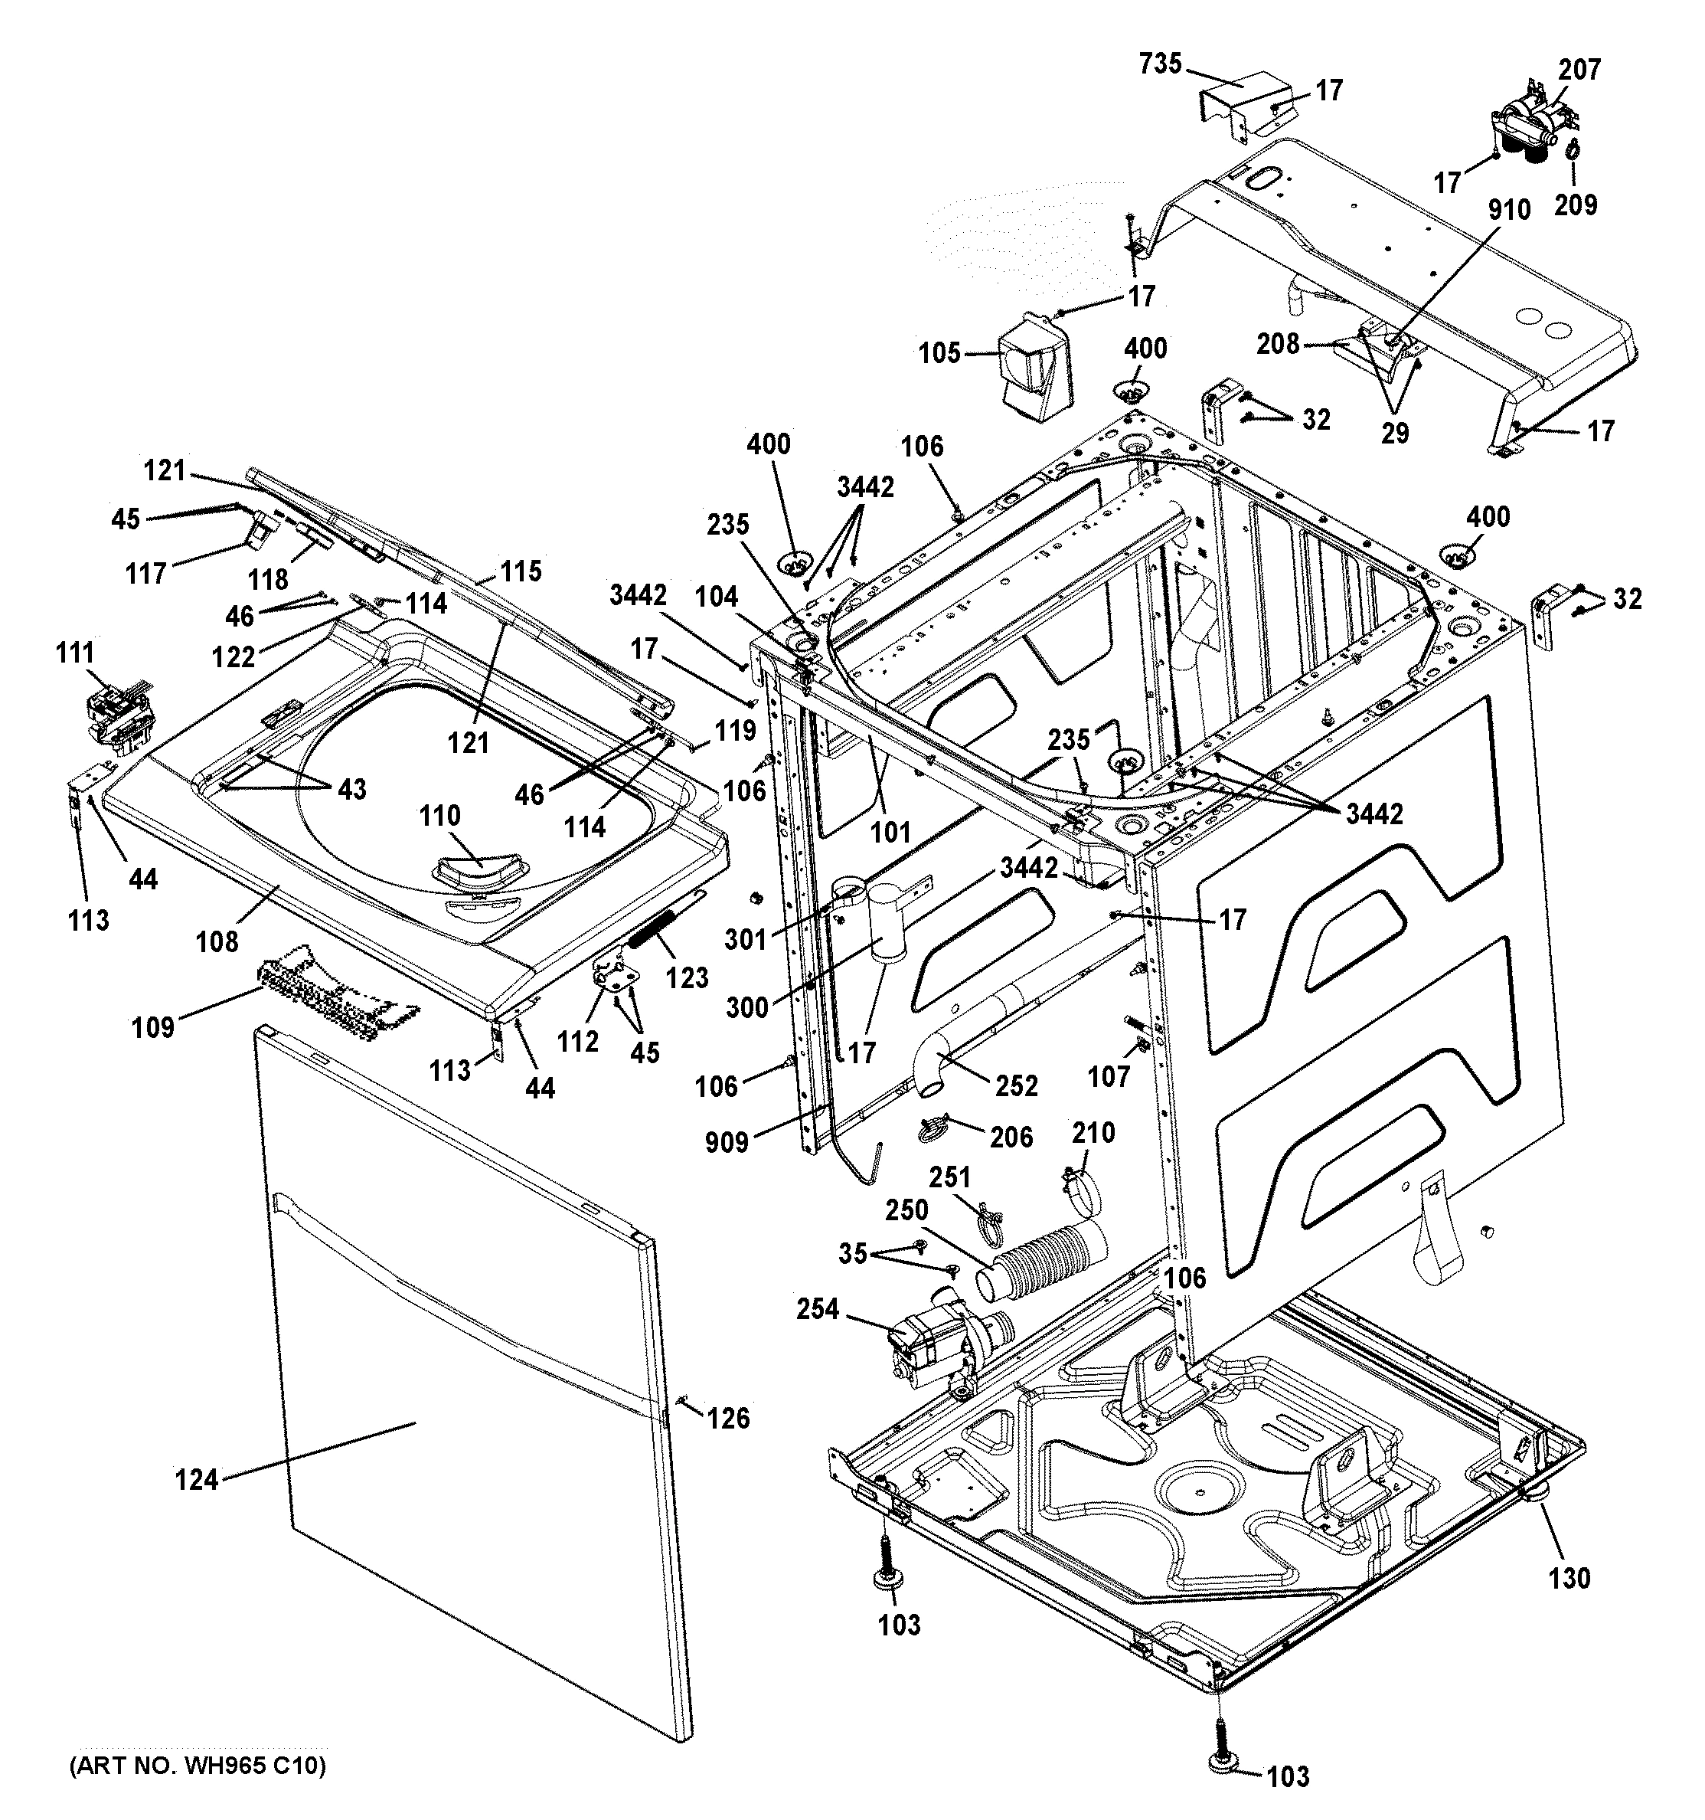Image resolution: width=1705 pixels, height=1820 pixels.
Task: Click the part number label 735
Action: (1161, 64)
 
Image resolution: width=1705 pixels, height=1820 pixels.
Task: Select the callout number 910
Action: (1508, 211)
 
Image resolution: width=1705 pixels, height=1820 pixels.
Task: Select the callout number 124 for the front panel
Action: (197, 1479)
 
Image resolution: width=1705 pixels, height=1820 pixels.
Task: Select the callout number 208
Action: (1278, 343)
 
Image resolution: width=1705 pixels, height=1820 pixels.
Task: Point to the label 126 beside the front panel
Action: (727, 1418)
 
